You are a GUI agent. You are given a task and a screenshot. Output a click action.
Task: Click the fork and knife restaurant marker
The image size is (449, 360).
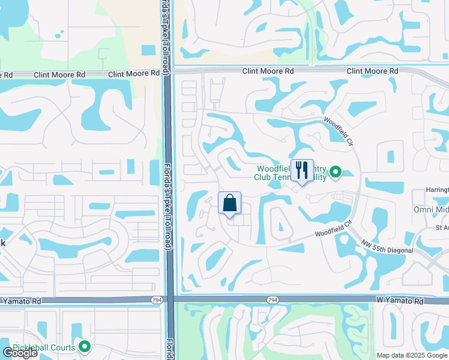[x=302, y=170]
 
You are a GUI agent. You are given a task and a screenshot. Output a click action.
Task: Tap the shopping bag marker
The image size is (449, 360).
[x=229, y=203]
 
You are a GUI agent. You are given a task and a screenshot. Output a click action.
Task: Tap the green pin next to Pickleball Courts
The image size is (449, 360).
[x=85, y=347]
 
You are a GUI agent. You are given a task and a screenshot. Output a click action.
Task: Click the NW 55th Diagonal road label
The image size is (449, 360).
[x=387, y=246]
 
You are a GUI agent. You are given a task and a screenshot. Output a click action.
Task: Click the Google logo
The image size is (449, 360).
[x=20, y=353]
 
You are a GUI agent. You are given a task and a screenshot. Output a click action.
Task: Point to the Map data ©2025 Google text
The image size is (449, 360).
[x=412, y=355]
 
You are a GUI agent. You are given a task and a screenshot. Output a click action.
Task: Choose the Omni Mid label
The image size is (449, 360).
[x=431, y=209]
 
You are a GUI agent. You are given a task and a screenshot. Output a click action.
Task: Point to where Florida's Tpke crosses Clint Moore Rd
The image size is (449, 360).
[x=168, y=72]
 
